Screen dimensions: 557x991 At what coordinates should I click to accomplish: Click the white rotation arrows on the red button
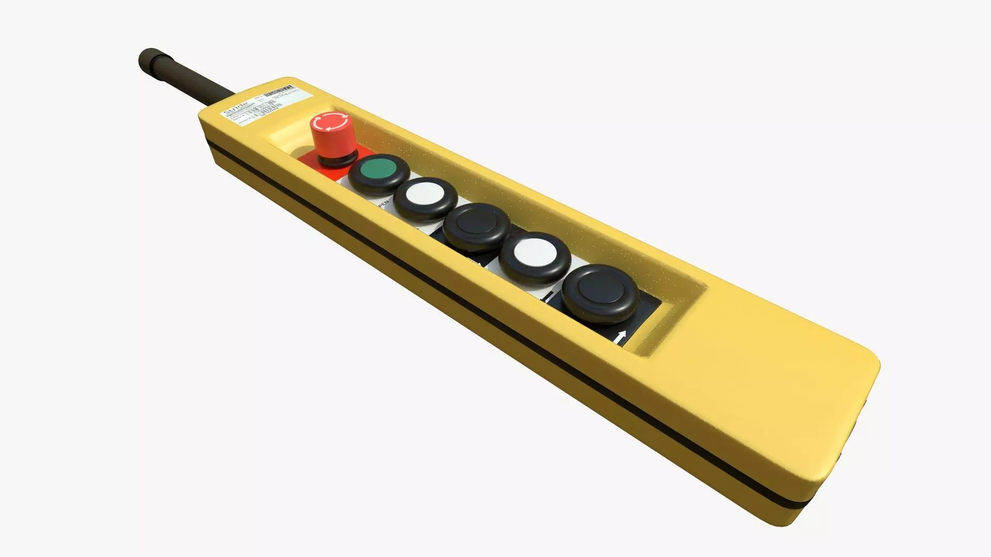(330, 122)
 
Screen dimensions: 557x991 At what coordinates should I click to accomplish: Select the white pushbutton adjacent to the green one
(425, 195)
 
